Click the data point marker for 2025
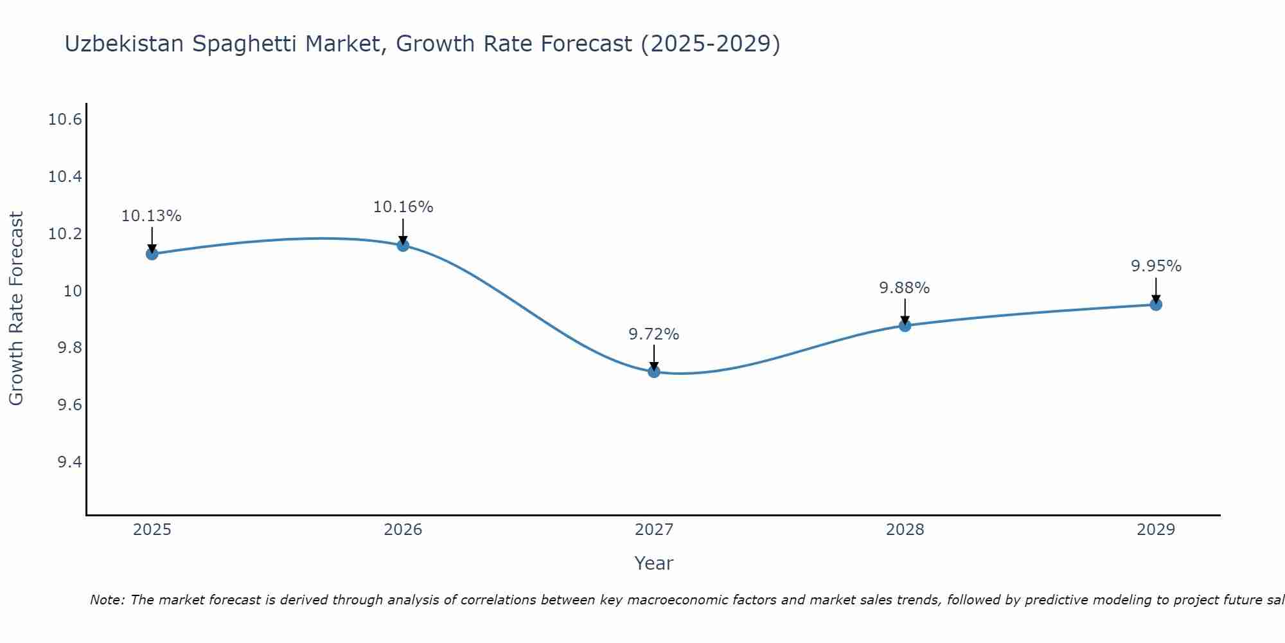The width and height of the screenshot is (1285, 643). click(152, 253)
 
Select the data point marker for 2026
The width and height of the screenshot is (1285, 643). click(403, 245)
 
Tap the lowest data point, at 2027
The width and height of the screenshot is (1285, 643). click(654, 371)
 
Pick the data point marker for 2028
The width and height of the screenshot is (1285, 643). click(905, 325)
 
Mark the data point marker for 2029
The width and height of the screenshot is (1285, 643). click(1156, 304)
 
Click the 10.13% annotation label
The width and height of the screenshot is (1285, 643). click(152, 216)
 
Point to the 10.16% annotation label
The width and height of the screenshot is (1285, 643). click(403, 207)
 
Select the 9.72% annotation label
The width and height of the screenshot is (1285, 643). click(654, 334)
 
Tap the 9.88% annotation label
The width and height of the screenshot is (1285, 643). click(905, 288)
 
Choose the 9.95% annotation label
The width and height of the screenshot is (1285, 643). click(1156, 266)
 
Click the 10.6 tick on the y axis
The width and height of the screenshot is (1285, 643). click(65, 120)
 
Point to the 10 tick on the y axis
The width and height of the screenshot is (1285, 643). click(73, 291)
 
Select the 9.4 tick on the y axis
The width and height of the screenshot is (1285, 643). click(69, 462)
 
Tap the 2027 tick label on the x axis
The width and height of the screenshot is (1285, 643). click(654, 530)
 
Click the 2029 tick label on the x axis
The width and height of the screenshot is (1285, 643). click(1156, 530)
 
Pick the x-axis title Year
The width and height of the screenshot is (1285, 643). click(654, 563)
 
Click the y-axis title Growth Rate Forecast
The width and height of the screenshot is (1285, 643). click(16, 309)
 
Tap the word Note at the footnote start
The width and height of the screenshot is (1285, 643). click(106, 600)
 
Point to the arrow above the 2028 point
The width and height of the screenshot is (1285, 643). click(905, 311)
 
